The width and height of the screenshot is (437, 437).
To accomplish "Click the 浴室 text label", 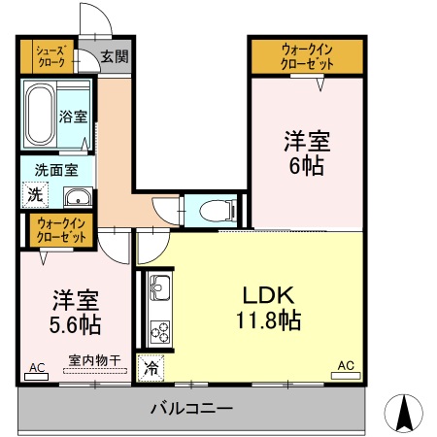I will point(74,117).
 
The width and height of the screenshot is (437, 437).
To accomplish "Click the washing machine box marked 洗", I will point(34,194).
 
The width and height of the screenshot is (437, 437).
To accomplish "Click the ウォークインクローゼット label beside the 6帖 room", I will point(307,56).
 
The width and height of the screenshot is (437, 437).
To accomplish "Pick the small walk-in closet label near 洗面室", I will point(62,230).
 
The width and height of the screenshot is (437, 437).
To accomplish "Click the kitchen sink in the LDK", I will point(158,288).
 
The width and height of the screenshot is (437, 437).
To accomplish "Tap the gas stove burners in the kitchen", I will point(158,330).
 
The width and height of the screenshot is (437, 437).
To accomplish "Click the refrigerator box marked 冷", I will point(151,368).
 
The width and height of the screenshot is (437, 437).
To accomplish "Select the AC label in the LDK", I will point(346,365).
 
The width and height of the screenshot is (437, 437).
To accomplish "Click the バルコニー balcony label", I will point(190,408).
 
